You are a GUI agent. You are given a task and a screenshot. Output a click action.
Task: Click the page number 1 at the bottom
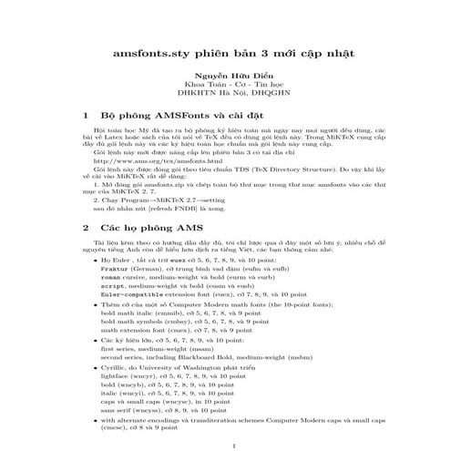click(x=235, y=446)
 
